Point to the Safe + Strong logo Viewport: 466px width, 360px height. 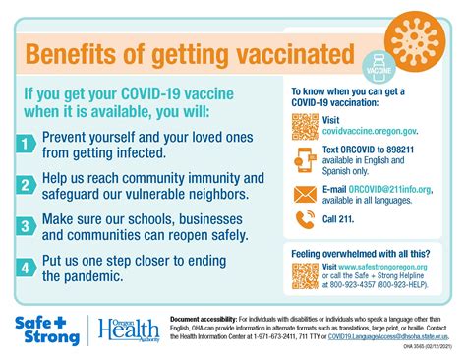pos(46,330)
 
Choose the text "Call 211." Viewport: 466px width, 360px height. pos(340,220)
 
